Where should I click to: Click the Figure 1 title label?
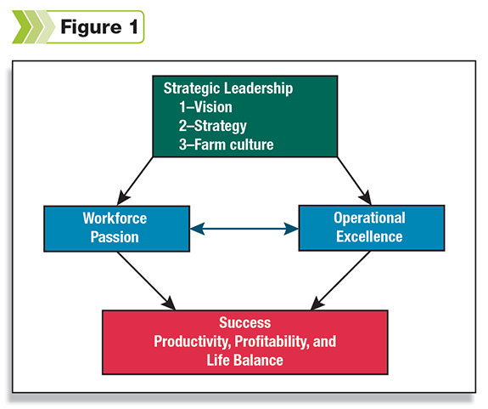[x=99, y=27]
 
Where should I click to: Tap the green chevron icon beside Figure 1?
[x=33, y=27]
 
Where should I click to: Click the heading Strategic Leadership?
[x=228, y=88]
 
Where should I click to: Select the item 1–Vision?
[x=205, y=107]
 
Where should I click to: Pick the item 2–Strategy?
[x=213, y=126]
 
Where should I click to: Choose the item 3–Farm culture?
[x=227, y=145]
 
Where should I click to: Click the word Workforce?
[x=115, y=219]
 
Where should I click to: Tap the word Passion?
[x=115, y=237]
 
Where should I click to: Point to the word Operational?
[x=369, y=218]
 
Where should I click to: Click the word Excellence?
[x=369, y=236]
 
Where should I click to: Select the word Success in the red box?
[x=245, y=322]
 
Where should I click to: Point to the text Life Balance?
[x=245, y=361]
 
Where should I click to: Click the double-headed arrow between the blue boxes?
[x=244, y=229]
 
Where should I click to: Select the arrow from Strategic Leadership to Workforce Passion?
[x=135, y=181]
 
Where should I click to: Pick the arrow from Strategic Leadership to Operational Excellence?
[x=355, y=181]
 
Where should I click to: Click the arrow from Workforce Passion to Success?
[x=146, y=281]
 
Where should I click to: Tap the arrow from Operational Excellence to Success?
[x=340, y=281]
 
